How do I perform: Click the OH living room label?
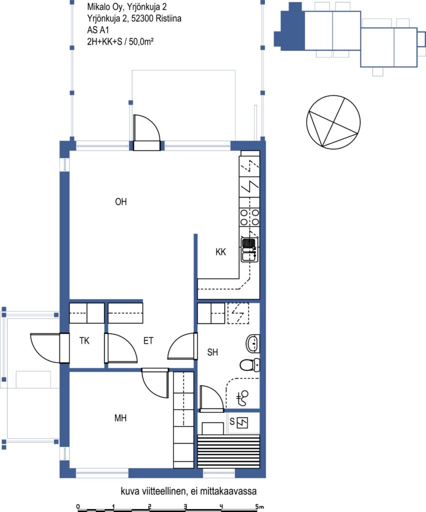[121, 202]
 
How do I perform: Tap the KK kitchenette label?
[220, 252]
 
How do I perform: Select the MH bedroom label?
[120, 418]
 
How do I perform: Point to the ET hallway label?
[148, 341]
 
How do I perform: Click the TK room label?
[84, 341]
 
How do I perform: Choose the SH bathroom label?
[212, 352]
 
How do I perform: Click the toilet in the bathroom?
[250, 364]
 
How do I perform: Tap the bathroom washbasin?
[252, 343]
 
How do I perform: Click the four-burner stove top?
[249, 217]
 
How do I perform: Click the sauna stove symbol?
[242, 423]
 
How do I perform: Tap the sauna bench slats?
[229, 451]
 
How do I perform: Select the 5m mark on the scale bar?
[259, 506]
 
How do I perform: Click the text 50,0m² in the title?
[141, 42]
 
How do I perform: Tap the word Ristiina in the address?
[168, 18]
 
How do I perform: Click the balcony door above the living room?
[147, 132]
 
